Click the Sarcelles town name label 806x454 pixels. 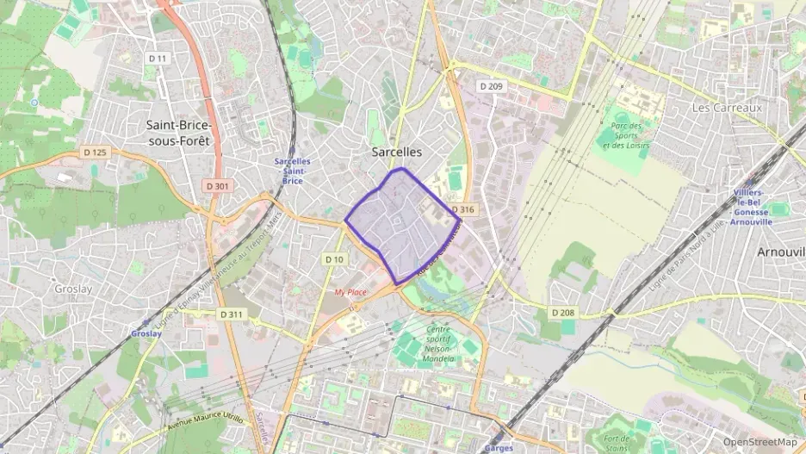click(396, 151)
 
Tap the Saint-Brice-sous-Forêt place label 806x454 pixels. click(178, 133)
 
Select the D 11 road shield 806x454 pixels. click(157, 59)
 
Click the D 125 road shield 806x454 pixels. click(95, 152)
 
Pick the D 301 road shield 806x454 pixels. click(218, 186)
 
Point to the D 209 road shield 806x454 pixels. click(491, 86)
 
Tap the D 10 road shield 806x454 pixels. click(334, 259)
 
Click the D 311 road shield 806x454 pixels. click(231, 314)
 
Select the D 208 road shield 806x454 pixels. click(562, 312)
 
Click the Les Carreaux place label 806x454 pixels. click(727, 109)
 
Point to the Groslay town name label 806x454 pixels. click(72, 289)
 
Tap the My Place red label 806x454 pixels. click(350, 293)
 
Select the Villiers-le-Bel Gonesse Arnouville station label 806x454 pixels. click(752, 207)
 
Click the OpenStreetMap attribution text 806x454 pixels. click(759, 443)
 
